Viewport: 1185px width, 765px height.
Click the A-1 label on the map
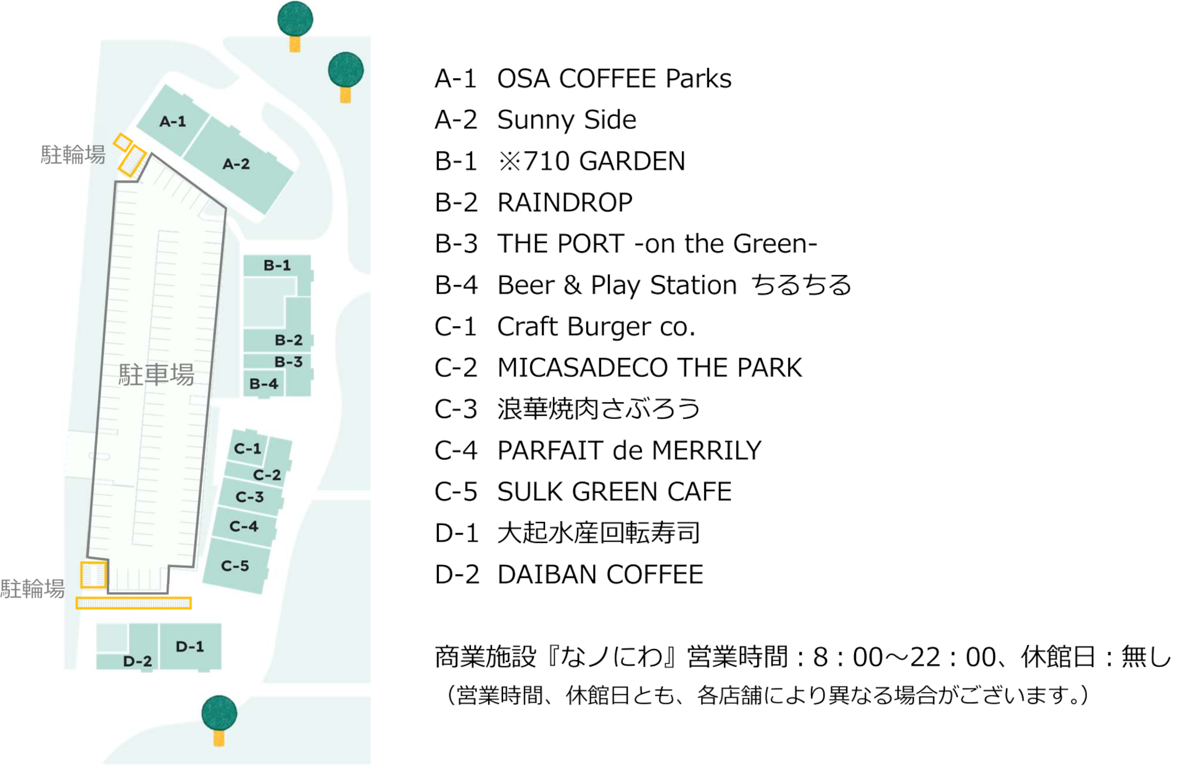[x=173, y=122]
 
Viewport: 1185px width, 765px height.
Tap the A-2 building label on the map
[x=236, y=164]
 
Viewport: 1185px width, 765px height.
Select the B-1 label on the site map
[x=277, y=265]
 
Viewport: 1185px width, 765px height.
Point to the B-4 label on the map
[x=264, y=384]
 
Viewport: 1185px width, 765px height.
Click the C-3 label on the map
[x=250, y=497]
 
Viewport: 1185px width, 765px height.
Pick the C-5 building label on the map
[x=235, y=566]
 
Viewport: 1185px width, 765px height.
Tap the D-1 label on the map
[x=189, y=647]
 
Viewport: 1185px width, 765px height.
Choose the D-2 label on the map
[x=137, y=661]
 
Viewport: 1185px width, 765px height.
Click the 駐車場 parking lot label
[x=156, y=374]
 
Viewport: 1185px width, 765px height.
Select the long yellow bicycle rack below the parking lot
[x=133, y=603]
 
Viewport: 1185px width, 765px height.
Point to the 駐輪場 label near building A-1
[x=73, y=155]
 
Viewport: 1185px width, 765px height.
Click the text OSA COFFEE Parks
[x=614, y=79]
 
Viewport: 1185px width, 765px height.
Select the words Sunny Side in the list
[x=567, y=120]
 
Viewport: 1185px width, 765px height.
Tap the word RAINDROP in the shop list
[x=565, y=202]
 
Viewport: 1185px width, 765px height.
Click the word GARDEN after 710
[x=633, y=161]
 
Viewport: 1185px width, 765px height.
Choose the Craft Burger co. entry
[x=596, y=326]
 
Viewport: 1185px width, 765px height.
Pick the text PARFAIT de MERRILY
[x=630, y=450]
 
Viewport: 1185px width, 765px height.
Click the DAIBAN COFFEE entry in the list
[x=600, y=574]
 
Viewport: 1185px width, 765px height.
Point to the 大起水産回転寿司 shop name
[x=599, y=533]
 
